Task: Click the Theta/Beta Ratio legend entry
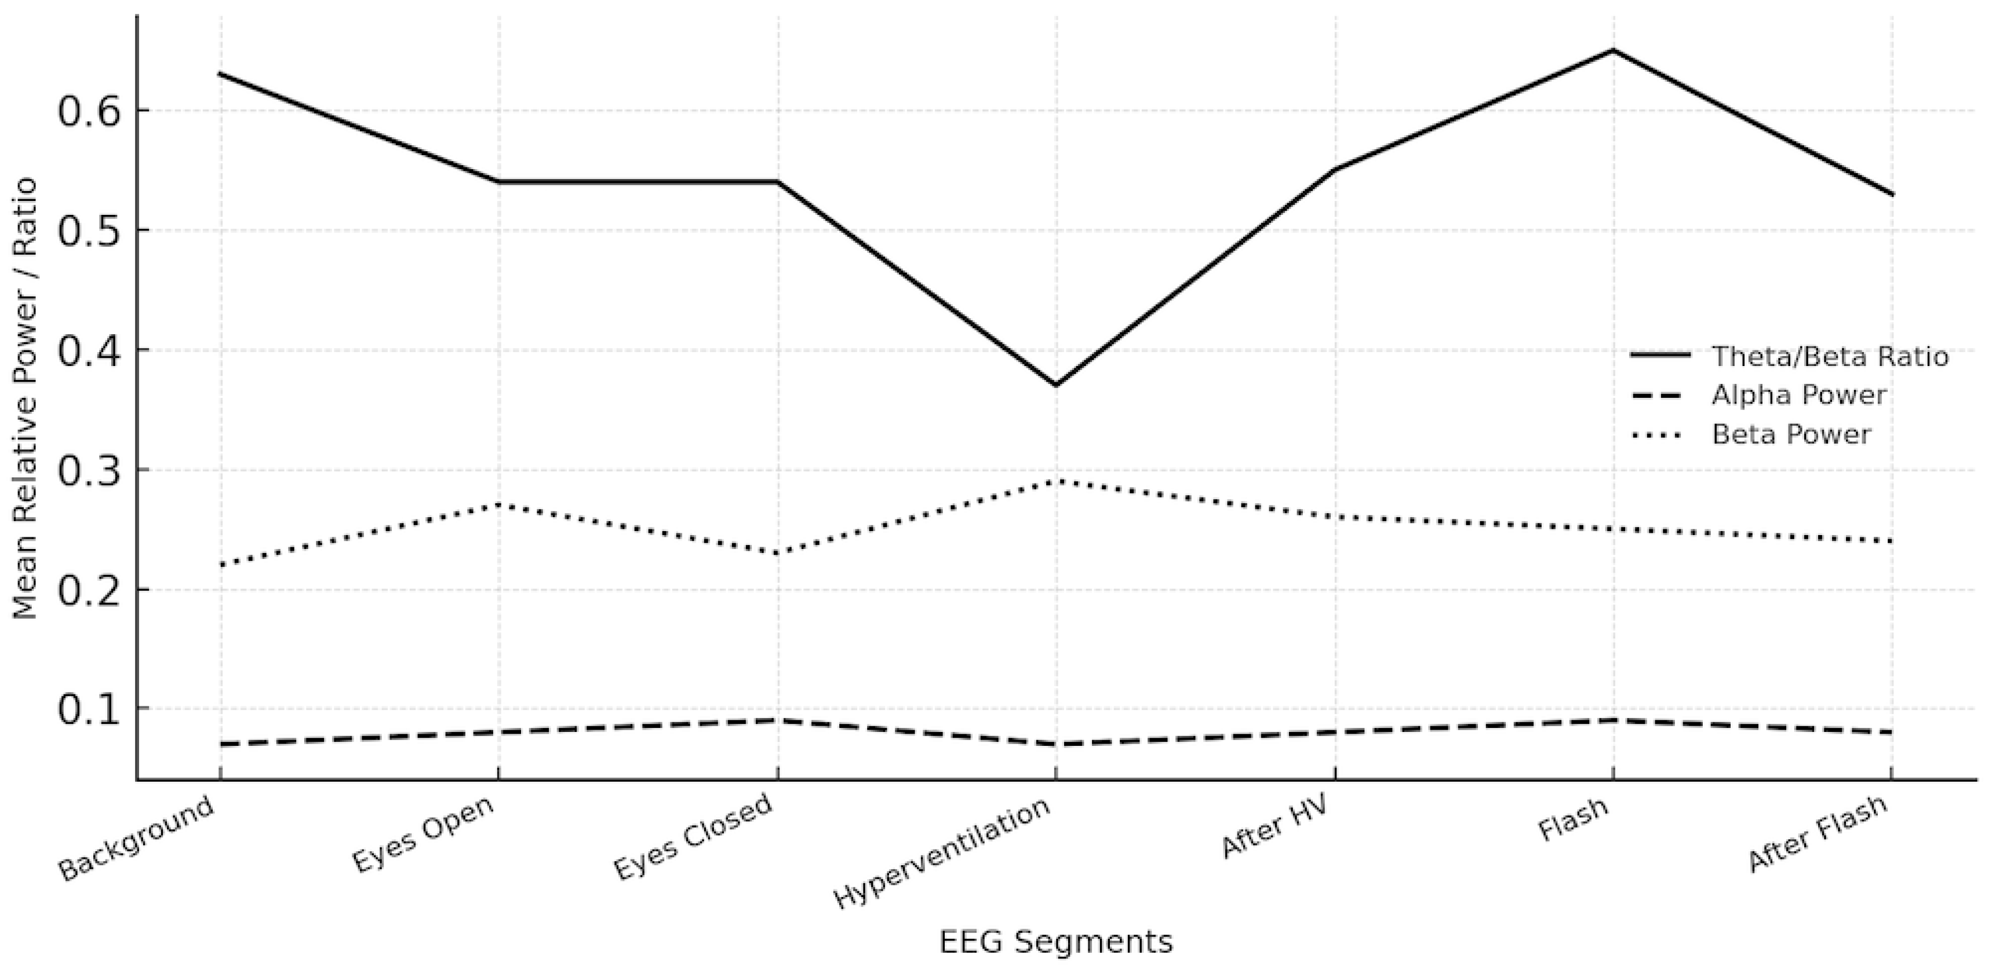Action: (1829, 356)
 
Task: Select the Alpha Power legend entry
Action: (1798, 395)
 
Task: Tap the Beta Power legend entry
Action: (1791, 434)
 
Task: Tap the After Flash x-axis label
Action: (1817, 834)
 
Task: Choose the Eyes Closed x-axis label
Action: (693, 836)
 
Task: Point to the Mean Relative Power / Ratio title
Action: (26, 398)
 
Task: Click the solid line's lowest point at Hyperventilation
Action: (1055, 385)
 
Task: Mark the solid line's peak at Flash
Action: (1613, 50)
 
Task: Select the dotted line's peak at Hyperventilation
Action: (1055, 481)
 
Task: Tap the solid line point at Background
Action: (220, 74)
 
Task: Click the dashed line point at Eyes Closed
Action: (777, 720)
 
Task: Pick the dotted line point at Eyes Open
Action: (499, 505)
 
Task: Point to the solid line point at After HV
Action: (1335, 169)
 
